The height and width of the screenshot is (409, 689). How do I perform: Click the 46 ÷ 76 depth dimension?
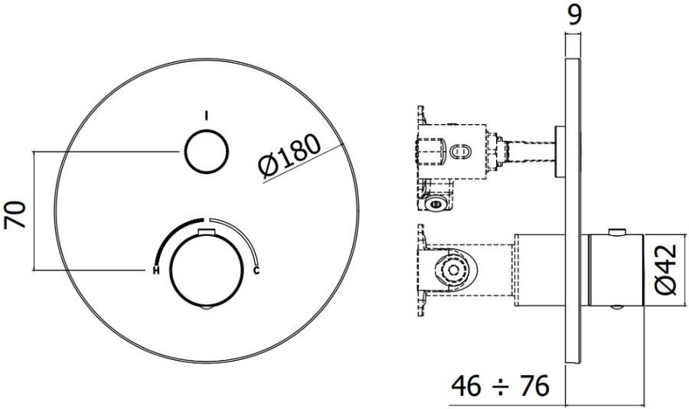[498, 386]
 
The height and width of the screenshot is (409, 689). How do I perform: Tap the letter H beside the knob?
[155, 270]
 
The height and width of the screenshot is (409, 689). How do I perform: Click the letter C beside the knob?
[256, 270]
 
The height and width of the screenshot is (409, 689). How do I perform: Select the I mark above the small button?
[206, 116]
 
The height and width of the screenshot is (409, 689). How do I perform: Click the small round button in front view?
[206, 152]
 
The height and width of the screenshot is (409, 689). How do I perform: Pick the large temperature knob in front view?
[206, 269]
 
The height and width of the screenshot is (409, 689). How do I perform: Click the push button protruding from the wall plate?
[560, 149]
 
